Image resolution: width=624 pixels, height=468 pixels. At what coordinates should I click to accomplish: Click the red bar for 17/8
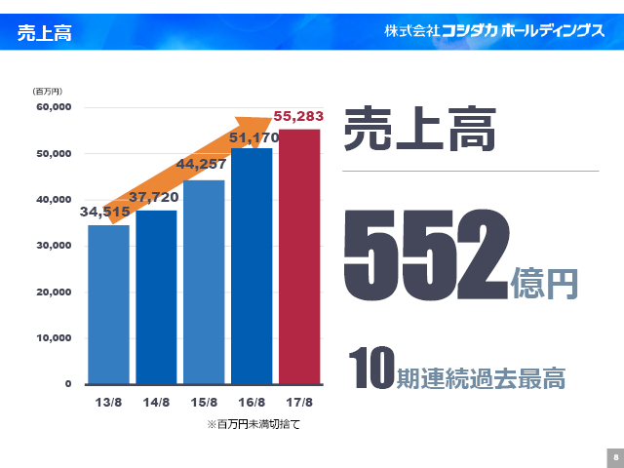pyautogui.click(x=299, y=256)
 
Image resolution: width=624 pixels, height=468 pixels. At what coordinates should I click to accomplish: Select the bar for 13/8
pyautogui.click(x=108, y=304)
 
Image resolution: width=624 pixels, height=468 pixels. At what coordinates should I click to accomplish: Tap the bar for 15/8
pyautogui.click(x=204, y=282)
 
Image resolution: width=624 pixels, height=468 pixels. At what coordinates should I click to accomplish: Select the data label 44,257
pyautogui.click(x=201, y=165)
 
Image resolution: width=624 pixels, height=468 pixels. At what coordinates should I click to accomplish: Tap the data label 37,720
pyautogui.click(x=153, y=197)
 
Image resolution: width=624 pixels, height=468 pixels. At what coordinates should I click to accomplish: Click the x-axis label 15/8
pyautogui.click(x=204, y=402)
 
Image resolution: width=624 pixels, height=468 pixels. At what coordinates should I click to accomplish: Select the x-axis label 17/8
pyautogui.click(x=299, y=402)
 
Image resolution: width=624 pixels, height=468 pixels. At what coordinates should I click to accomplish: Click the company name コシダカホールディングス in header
pyautogui.click(x=494, y=31)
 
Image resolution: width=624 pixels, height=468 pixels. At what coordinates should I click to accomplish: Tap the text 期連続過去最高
pyautogui.click(x=481, y=377)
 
